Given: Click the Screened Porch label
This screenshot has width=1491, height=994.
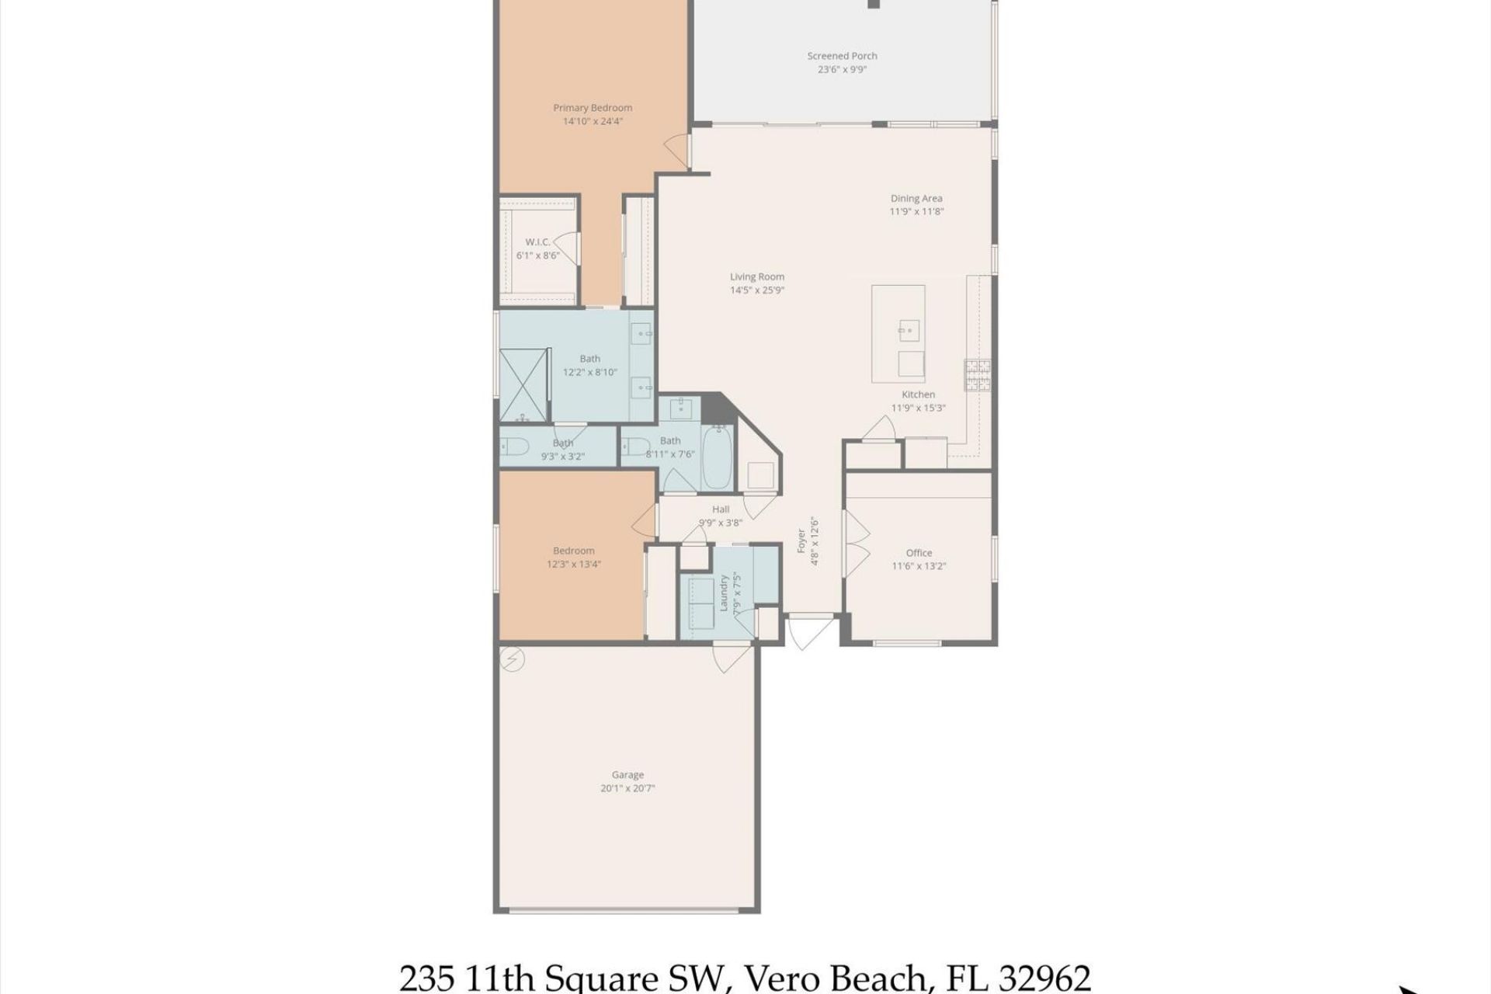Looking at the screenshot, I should click(x=842, y=56).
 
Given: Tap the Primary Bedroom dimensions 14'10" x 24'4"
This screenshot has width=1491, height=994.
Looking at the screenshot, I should click(x=593, y=121).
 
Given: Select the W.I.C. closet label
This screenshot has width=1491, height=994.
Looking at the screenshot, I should click(x=537, y=242).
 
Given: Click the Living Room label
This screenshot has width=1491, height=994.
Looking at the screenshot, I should click(x=756, y=276).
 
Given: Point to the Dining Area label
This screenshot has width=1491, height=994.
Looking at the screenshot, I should click(x=916, y=199).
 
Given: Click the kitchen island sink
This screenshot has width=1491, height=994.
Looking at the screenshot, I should click(x=909, y=331).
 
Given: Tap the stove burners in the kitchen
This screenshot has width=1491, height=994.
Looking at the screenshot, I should click(x=978, y=374).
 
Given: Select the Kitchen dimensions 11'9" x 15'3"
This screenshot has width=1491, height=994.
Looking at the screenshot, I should click(x=918, y=408).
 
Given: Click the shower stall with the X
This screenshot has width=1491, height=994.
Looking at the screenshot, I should click(x=523, y=385).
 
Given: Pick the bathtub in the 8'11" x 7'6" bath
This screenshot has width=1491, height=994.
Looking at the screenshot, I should click(x=717, y=458).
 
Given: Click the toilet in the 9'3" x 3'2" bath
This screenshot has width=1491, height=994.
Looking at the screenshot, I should click(x=514, y=447).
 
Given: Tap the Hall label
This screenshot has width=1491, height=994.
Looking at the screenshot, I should click(x=721, y=509).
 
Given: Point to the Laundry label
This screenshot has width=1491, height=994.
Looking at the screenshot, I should click(x=724, y=593).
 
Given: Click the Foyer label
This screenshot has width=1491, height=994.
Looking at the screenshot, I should click(x=801, y=540).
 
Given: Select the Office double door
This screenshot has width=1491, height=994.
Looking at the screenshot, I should click(x=856, y=544).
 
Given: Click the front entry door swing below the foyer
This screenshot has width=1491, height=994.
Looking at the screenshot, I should click(x=809, y=631).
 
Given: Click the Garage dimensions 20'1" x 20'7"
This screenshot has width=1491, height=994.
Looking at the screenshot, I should click(x=627, y=787).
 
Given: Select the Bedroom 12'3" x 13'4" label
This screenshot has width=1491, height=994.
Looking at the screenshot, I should click(x=573, y=551).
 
